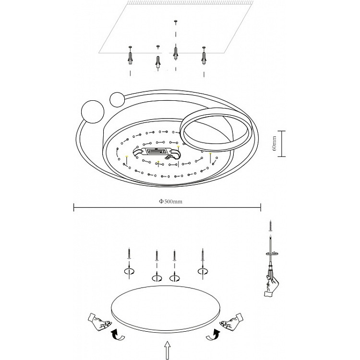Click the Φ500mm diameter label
coord(170,201)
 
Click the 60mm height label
coord(274,144)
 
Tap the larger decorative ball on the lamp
coord(93,112)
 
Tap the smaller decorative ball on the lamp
coord(117,99)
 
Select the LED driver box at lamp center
coord(156,151)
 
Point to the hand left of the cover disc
coord(99,321)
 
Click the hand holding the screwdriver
coord(271,286)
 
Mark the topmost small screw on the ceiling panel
coord(176,22)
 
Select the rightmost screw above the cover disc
coord(203,254)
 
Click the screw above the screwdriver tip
coord(271,226)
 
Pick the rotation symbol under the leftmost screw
coord(129,272)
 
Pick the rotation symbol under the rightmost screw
coord(203,271)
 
